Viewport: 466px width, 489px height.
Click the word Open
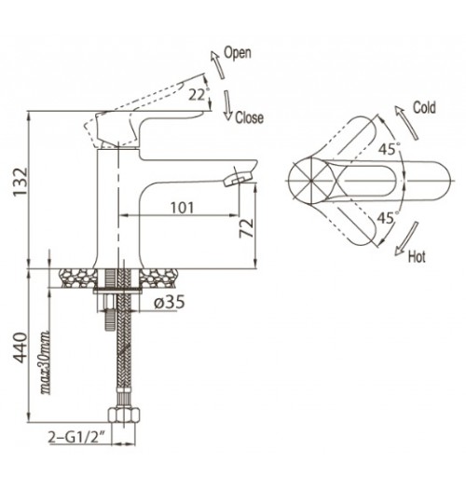pos(238,53)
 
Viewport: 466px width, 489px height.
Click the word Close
pos(249,117)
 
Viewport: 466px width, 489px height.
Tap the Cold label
pos(424,108)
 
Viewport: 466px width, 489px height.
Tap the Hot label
pos(417,257)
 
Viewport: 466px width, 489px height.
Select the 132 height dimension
pos(21,182)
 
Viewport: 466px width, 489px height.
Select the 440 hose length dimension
pos(21,347)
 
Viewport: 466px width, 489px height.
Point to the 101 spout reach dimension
pos(183,208)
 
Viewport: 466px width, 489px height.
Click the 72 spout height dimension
pos(246,228)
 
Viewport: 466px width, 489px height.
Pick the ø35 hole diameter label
pos(170,302)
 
